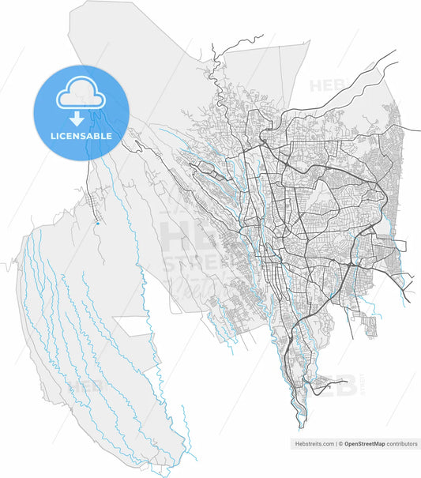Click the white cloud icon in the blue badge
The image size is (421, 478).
81,93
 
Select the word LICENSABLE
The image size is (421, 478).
80,136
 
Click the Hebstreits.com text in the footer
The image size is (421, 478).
314,444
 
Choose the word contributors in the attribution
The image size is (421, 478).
402,444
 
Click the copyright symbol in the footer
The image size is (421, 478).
340,444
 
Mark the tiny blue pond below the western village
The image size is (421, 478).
96,224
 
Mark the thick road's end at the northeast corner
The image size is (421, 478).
394,52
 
